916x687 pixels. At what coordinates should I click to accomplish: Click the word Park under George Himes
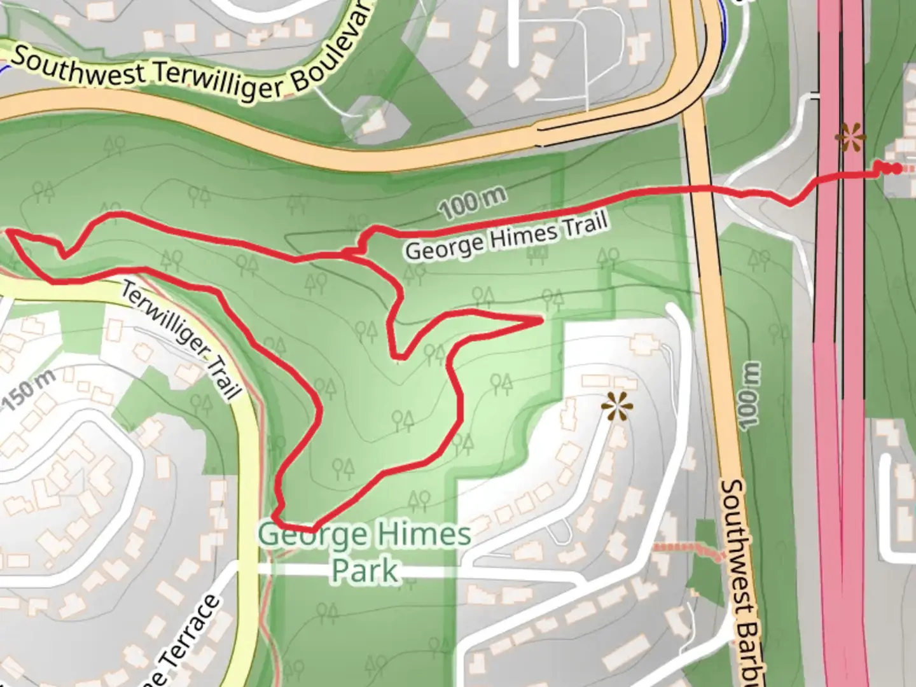pos(365,570)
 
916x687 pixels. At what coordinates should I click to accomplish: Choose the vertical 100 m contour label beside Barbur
pos(749,396)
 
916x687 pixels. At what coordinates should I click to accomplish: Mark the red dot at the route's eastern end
pos(896,169)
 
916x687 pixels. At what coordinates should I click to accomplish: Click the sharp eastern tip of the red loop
pos(541,319)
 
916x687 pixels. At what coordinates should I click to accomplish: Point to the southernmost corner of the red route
pos(312,529)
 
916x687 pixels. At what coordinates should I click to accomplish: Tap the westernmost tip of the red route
pos(9,233)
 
